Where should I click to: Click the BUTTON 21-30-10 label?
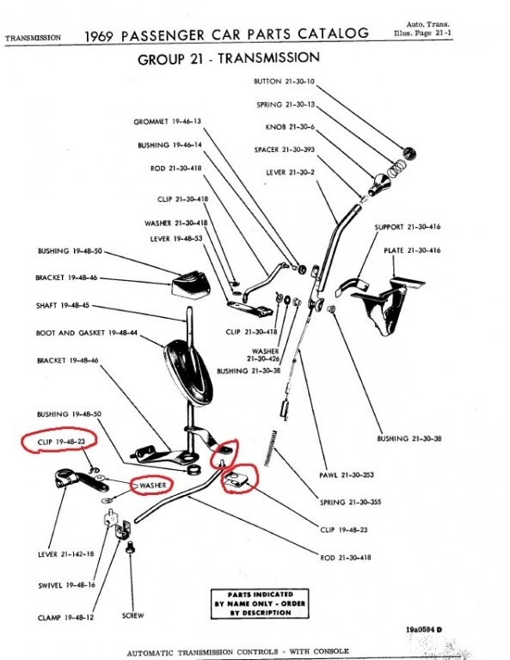(284, 81)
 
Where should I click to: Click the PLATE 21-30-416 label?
(412, 250)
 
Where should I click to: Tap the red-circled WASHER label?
(151, 486)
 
